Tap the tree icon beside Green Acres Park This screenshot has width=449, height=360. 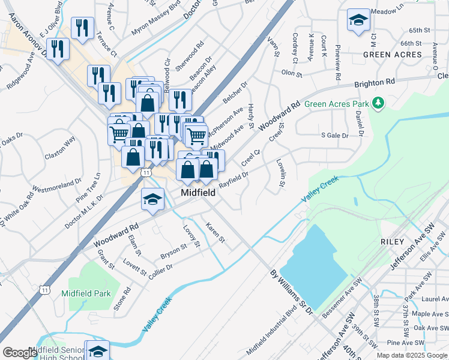(378, 104)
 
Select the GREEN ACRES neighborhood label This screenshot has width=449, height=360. (392, 55)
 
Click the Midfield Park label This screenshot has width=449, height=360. (86, 293)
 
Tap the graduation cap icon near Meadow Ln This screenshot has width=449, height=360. (358, 20)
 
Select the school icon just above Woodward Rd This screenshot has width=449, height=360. (153, 200)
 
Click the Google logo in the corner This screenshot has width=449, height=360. (20, 353)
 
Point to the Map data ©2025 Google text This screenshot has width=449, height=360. (411, 355)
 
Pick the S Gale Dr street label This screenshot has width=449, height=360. (335, 136)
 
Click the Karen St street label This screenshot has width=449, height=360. (214, 233)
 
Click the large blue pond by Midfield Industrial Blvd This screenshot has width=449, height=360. (315, 264)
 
